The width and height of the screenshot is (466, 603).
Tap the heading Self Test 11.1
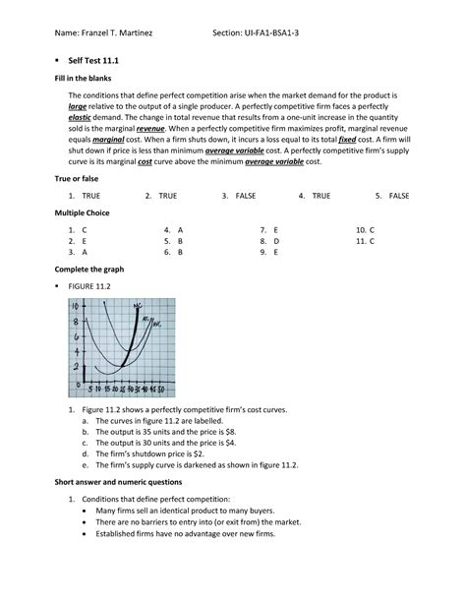point(96,60)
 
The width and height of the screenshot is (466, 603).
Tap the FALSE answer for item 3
point(245,197)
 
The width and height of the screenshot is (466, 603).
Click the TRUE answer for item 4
point(321,197)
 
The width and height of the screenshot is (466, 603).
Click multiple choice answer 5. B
point(180,240)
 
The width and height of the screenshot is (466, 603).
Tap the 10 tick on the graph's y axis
point(75,305)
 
